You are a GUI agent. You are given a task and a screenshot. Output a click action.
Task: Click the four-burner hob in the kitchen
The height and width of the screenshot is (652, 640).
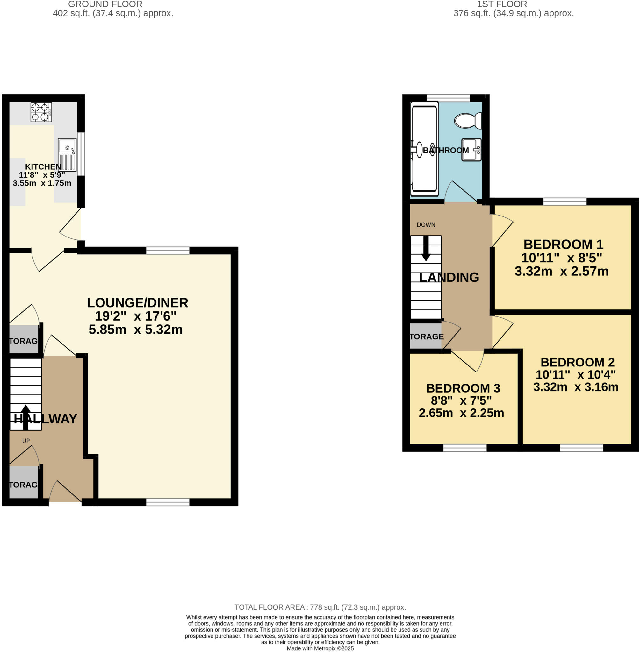click(41, 112)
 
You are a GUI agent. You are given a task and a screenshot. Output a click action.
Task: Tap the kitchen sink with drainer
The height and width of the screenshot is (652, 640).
click(67, 155)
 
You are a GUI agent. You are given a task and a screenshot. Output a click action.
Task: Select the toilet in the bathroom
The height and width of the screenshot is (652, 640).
click(468, 121)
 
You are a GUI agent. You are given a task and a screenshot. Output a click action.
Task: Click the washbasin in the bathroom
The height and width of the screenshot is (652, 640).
click(471, 150)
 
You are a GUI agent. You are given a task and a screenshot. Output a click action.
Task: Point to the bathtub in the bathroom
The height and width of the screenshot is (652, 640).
click(424, 150)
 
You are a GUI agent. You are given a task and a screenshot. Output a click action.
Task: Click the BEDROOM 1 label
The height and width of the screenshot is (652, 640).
click(563, 244)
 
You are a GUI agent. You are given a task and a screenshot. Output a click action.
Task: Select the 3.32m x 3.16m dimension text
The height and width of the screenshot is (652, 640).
click(575, 387)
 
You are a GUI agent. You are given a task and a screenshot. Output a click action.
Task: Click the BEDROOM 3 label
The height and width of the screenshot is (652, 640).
click(463, 388)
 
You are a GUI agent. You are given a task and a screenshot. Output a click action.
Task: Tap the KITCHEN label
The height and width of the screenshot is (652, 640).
click(43, 167)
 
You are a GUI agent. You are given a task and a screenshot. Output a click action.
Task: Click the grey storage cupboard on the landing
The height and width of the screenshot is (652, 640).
click(425, 336)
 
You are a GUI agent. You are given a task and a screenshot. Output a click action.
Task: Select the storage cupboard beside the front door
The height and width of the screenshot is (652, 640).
click(23, 484)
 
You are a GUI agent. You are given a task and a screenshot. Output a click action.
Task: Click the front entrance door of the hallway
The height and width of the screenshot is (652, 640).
click(65, 502)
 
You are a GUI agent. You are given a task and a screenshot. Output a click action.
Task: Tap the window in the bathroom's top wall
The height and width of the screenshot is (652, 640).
click(448, 98)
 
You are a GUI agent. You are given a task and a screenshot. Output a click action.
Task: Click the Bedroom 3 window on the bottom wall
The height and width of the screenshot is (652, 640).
click(465, 448)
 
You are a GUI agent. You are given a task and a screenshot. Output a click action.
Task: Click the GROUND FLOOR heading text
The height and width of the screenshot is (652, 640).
click(105, 4)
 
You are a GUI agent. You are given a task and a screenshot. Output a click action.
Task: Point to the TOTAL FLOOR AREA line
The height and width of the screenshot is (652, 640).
click(320, 607)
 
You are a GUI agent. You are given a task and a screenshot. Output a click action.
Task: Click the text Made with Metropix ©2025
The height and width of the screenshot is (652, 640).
click(320, 648)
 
